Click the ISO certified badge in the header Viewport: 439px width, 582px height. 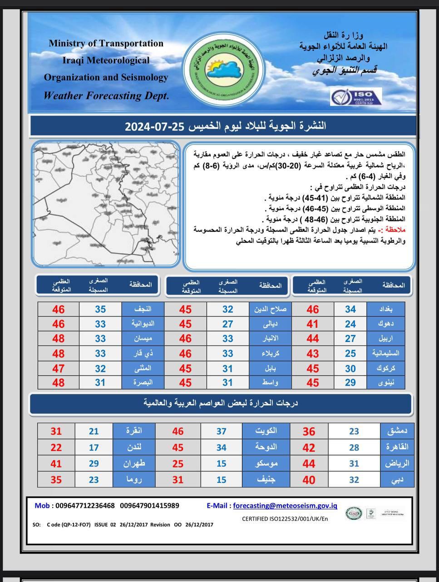tap(356, 97)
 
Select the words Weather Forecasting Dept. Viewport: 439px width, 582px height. tap(106, 95)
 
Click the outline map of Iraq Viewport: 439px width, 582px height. tap(106, 203)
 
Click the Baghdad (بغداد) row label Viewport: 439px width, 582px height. tap(392, 309)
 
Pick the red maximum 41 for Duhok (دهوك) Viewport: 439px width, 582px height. tap(312, 324)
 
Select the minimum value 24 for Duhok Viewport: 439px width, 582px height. tap(350, 324)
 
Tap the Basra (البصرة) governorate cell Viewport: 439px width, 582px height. tap(143, 382)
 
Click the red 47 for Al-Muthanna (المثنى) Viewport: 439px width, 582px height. tap(59, 368)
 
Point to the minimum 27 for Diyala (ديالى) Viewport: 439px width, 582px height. tap(227, 324)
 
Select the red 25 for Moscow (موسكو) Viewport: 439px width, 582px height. tap(178, 463)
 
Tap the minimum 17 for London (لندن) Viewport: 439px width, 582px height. tap(94, 447)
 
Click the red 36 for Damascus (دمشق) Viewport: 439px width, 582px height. tap(309, 431)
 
